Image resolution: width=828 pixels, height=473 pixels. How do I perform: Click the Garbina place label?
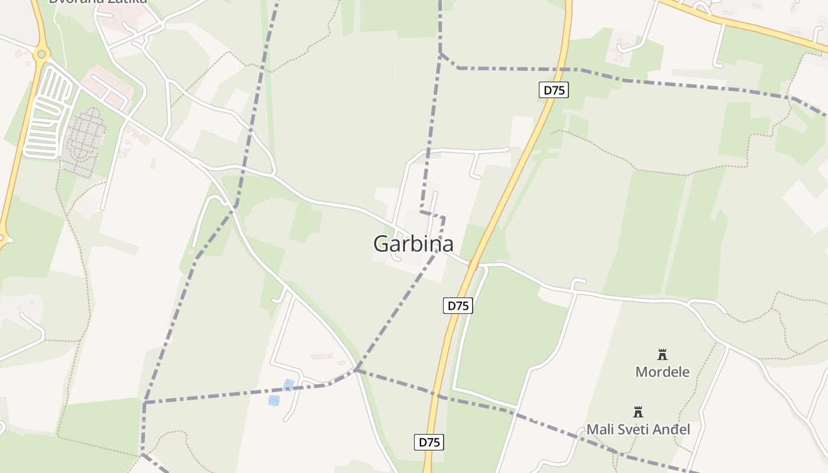click(x=413, y=244)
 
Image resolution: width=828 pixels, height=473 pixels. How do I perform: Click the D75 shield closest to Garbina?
click(x=458, y=306)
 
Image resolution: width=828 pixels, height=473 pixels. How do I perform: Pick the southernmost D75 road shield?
click(x=428, y=442)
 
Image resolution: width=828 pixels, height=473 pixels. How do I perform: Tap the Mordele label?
click(x=662, y=372)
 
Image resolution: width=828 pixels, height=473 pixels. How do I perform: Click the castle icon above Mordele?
click(x=662, y=355)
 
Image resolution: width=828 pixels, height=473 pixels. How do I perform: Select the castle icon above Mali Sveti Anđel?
click(x=638, y=412)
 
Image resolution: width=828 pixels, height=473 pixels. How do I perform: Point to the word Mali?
click(x=600, y=429)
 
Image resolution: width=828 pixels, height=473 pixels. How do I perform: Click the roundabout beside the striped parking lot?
click(x=41, y=54)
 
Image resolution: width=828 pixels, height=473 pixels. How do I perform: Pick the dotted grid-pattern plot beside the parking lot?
click(x=83, y=142)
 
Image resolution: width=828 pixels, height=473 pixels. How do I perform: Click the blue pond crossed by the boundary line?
click(x=288, y=385)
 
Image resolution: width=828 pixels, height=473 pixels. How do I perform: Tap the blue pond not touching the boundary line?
click(x=274, y=400)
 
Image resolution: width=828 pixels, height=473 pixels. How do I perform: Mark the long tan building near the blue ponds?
click(x=321, y=357)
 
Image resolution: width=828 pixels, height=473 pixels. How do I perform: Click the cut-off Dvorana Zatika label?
click(x=98, y=2)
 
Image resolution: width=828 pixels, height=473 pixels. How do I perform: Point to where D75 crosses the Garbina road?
click(x=473, y=264)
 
